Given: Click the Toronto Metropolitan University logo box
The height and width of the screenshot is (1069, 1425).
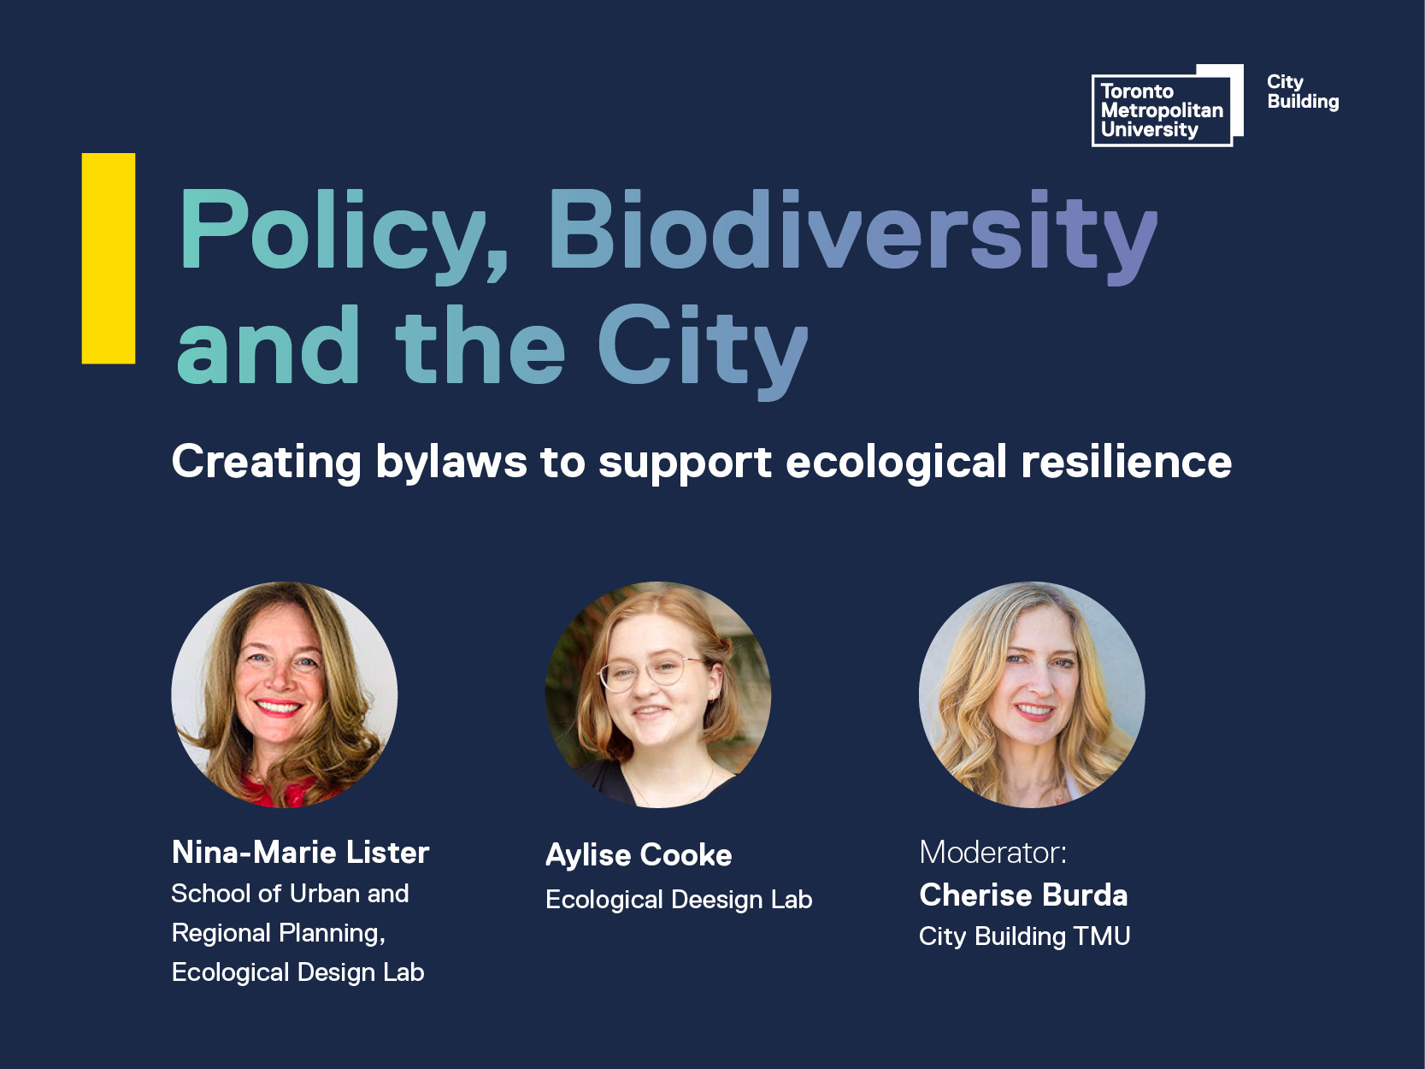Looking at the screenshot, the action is tap(1167, 105).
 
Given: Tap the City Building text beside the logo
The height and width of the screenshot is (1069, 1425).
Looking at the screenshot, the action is tap(1302, 92).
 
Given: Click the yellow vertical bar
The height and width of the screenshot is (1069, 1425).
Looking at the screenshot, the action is tap(109, 258).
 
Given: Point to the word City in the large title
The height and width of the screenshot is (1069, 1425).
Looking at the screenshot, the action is tap(703, 351).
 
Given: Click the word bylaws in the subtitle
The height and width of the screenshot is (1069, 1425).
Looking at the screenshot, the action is tap(451, 463).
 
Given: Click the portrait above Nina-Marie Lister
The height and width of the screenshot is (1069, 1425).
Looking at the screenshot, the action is tap(285, 694).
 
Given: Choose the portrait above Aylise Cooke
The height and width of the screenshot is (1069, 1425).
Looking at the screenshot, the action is tap(657, 694).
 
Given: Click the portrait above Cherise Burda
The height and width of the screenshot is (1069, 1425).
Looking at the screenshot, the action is tap(1032, 694).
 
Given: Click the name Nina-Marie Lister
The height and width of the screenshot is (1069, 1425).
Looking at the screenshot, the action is tap(300, 853).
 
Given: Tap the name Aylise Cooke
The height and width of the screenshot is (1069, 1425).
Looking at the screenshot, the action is tap(639, 855).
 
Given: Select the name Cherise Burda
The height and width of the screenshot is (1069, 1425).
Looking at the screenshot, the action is tap(1024, 895).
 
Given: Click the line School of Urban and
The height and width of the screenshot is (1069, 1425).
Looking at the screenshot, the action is tap(290, 894).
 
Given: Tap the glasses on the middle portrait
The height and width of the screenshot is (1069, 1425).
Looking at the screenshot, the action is tap(652, 672).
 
